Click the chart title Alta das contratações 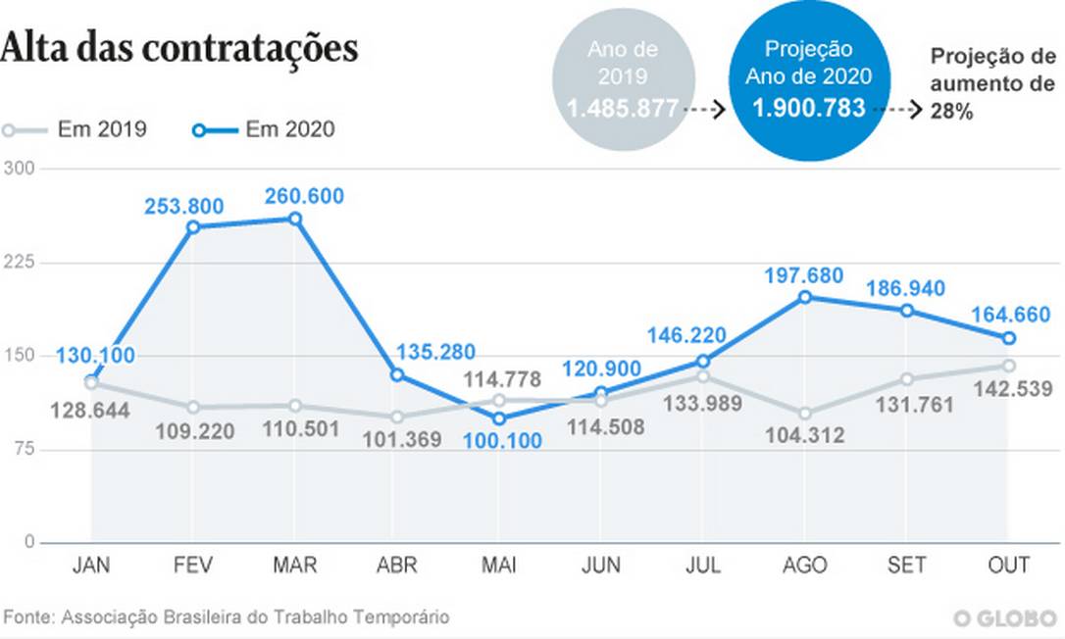[179, 48]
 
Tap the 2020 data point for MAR [295, 219]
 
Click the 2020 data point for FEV [193, 227]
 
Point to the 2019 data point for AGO [806, 414]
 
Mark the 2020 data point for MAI [499, 418]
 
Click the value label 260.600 [304, 196]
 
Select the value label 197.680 [803, 275]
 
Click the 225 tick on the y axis [21, 263]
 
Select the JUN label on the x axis [601, 566]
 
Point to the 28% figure [952, 113]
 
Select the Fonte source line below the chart [228, 617]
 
